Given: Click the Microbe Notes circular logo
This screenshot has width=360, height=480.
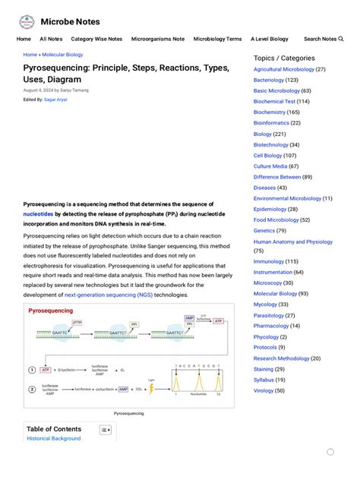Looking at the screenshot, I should tap(27, 21).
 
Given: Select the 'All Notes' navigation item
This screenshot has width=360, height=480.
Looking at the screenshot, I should tap(51, 39).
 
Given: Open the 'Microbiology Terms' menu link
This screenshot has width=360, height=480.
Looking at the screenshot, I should tap(217, 39).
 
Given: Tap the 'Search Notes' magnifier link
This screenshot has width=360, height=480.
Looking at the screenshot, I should tap(324, 39).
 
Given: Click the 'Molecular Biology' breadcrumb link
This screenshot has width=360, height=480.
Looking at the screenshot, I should tap(62, 55).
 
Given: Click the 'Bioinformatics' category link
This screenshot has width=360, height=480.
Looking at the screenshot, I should tap(271, 123).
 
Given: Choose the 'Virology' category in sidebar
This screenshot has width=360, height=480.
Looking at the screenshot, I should tap(263, 390).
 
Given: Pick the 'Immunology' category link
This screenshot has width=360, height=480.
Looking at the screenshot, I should tap(270, 261).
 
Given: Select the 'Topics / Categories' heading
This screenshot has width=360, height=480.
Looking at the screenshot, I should tap(284, 58).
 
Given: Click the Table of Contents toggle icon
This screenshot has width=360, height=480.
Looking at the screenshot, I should tap(106, 430).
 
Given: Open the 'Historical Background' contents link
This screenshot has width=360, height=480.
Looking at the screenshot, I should tap(53, 439).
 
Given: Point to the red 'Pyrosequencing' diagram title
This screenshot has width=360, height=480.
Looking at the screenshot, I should tap(51, 311).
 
